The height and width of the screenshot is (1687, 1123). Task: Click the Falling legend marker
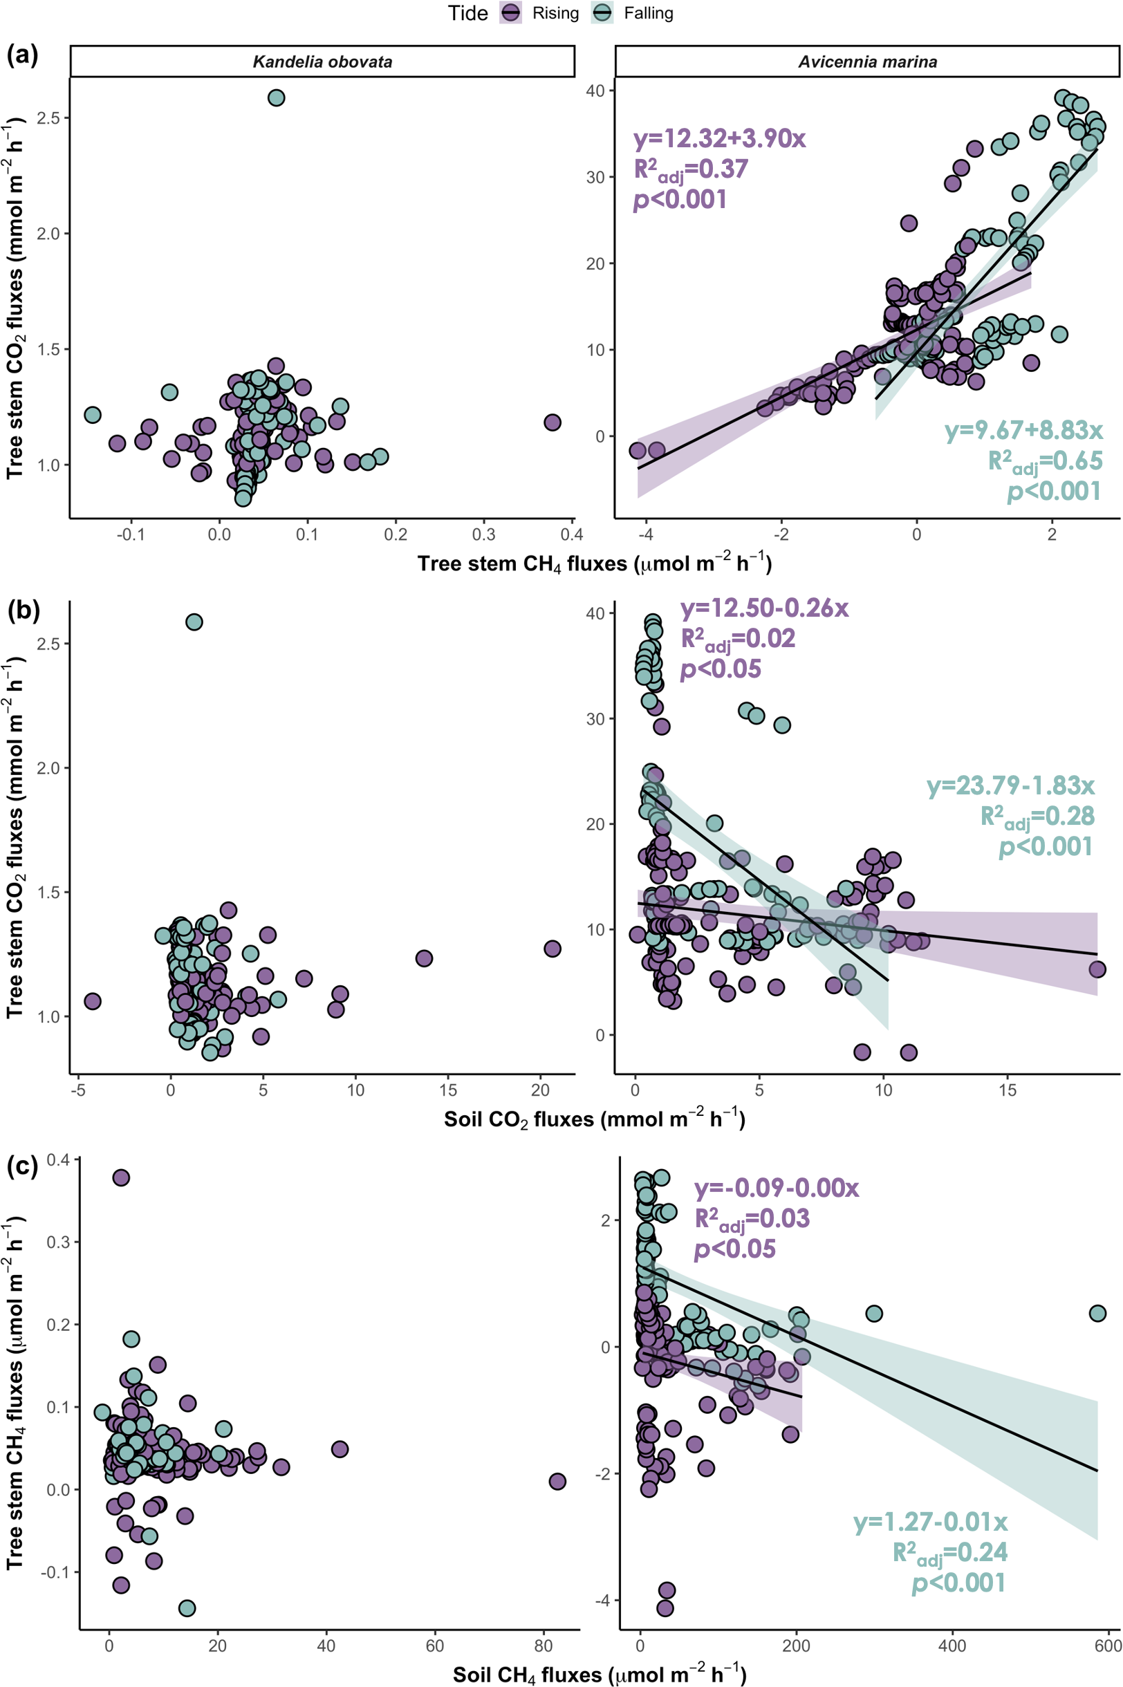point(603,13)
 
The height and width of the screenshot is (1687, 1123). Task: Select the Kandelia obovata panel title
point(322,62)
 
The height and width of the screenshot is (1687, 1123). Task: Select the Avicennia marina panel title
point(867,62)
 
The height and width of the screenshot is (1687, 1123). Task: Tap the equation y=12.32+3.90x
point(720,138)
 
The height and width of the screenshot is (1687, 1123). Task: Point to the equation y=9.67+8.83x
point(1023,429)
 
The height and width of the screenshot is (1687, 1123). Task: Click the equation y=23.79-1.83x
point(1010,785)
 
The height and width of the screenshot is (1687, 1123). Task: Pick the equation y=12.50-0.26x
point(764,608)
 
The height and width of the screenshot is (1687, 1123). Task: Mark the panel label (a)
point(22,55)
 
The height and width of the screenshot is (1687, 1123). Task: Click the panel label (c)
point(22,1166)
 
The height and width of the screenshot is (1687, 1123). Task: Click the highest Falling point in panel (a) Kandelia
point(276,97)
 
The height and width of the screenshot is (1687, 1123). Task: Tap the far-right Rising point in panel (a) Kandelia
point(552,422)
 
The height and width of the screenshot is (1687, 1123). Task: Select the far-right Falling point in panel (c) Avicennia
point(1097,1312)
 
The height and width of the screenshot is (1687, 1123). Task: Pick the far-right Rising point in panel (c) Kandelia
point(557,1481)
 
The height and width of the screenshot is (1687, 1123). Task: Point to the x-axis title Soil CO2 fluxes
point(595,1119)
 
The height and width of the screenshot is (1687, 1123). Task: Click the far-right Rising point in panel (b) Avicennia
point(1097,969)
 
